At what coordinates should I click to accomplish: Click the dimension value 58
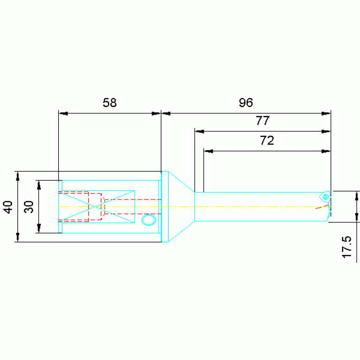tap(109, 103)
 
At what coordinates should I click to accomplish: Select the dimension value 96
tap(246, 103)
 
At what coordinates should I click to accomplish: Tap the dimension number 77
tap(262, 121)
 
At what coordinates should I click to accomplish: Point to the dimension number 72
tap(267, 140)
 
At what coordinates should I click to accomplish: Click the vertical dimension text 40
tap(8, 207)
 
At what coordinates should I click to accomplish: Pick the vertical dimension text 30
tap(29, 207)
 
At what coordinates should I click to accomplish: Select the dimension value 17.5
tap(346, 246)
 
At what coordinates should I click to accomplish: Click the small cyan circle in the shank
tap(149, 219)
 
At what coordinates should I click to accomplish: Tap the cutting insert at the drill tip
tap(325, 197)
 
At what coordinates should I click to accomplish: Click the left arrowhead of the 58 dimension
tap(63, 113)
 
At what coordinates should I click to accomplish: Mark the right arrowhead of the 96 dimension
tap(326, 113)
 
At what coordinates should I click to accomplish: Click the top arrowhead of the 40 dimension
tap(18, 176)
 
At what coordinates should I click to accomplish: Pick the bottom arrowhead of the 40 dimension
tap(18, 237)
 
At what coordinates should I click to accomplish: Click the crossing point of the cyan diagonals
tap(96, 207)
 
